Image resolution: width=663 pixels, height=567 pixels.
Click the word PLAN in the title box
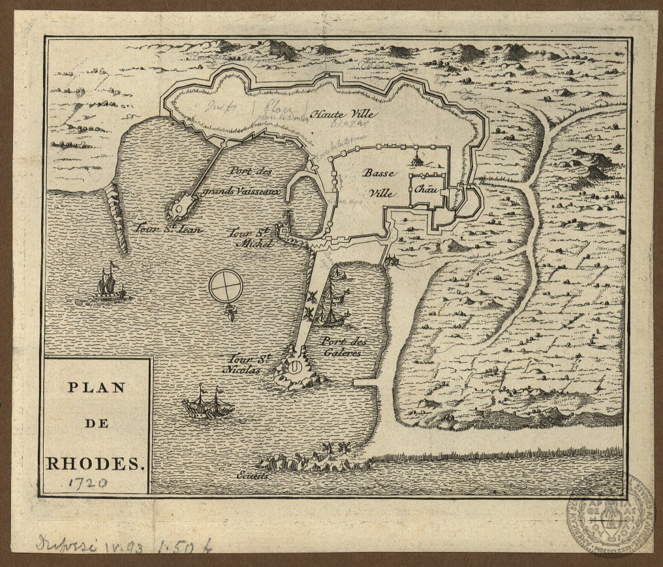pos(96,387)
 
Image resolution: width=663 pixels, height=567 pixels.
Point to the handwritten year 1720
pos(85,483)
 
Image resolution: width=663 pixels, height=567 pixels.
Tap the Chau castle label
pos(424,189)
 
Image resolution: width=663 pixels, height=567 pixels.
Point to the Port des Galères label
pos(340,346)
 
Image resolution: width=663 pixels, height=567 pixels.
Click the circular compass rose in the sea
pos(226,286)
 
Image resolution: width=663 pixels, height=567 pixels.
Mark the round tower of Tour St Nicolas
pos(296,367)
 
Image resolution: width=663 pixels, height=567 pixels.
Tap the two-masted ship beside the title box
pos(208,403)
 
